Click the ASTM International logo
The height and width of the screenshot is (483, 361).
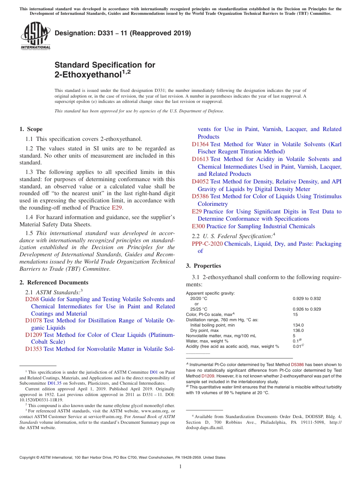(x=35, y=36)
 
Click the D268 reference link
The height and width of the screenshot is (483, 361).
(x=32, y=299)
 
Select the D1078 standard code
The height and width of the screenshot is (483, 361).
(x=33, y=320)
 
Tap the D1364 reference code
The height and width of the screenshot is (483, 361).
(x=200, y=144)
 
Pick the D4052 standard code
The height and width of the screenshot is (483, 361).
(x=200, y=182)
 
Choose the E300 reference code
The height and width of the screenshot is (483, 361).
(x=198, y=226)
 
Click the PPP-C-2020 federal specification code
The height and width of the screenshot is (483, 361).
(x=207, y=244)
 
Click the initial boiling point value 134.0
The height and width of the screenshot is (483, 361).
(x=298, y=325)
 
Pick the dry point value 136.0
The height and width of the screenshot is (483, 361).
(x=298, y=330)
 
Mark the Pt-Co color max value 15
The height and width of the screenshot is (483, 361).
(x=295, y=314)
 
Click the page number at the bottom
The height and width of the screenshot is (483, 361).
(x=180, y=467)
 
